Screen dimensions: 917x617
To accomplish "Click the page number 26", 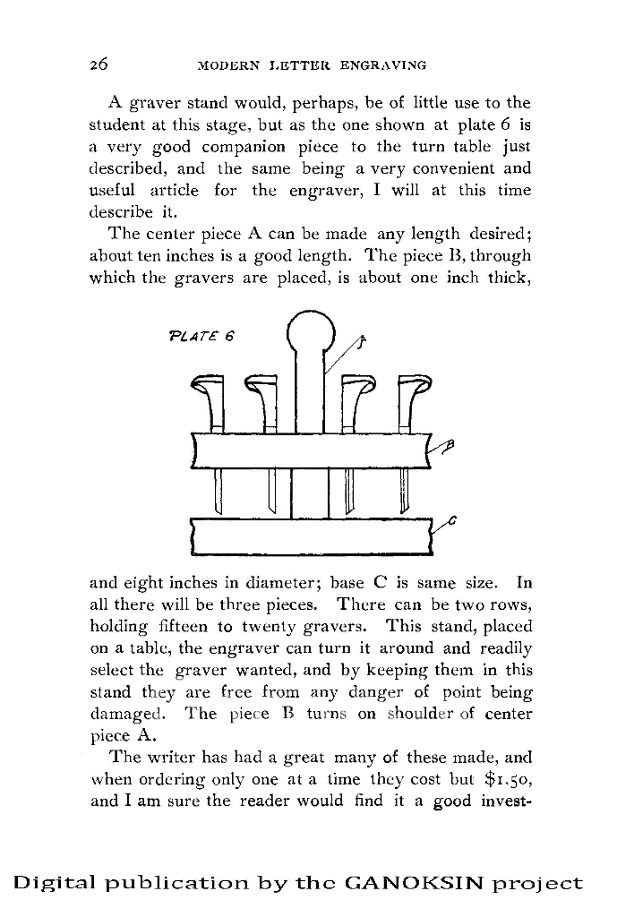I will tap(99, 64).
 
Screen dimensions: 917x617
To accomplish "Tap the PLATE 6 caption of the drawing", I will tap(201, 337).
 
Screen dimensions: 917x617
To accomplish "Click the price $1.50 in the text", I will tap(507, 778).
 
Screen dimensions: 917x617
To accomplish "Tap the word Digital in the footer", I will tap(56, 883).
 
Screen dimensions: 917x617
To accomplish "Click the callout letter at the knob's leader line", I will tap(362, 341).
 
